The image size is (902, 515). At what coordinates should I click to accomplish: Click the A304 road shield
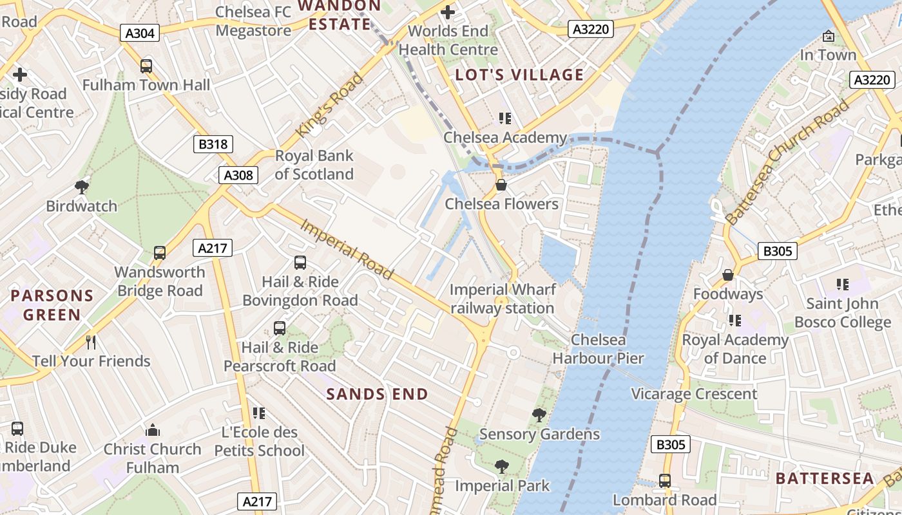click(140, 33)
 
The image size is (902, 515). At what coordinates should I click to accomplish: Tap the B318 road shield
click(213, 144)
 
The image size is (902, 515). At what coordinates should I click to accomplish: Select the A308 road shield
click(238, 175)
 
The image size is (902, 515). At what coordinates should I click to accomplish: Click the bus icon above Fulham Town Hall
click(146, 66)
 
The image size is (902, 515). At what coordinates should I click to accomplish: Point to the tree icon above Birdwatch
click(81, 187)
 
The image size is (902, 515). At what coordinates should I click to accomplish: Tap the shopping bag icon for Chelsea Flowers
click(501, 185)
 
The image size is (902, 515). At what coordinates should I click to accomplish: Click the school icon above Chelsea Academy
click(504, 118)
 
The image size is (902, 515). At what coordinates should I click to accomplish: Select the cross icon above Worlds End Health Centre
click(448, 12)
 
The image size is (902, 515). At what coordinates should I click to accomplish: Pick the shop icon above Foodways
click(728, 275)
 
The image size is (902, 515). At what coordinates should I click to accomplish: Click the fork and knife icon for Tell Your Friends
click(91, 342)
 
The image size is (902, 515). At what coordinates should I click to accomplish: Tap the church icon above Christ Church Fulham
click(153, 429)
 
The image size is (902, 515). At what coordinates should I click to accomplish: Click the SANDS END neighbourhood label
click(377, 394)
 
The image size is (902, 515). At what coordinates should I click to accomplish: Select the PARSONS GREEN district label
click(52, 305)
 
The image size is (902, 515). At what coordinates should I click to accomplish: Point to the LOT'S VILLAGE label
click(519, 75)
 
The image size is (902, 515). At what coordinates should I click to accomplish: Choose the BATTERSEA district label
click(825, 478)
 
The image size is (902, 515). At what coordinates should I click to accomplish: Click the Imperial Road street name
click(347, 250)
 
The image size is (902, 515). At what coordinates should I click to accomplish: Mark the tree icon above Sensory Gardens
click(539, 415)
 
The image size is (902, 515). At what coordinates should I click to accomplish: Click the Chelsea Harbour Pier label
click(598, 349)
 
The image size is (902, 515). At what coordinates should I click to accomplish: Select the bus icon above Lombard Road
click(664, 481)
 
